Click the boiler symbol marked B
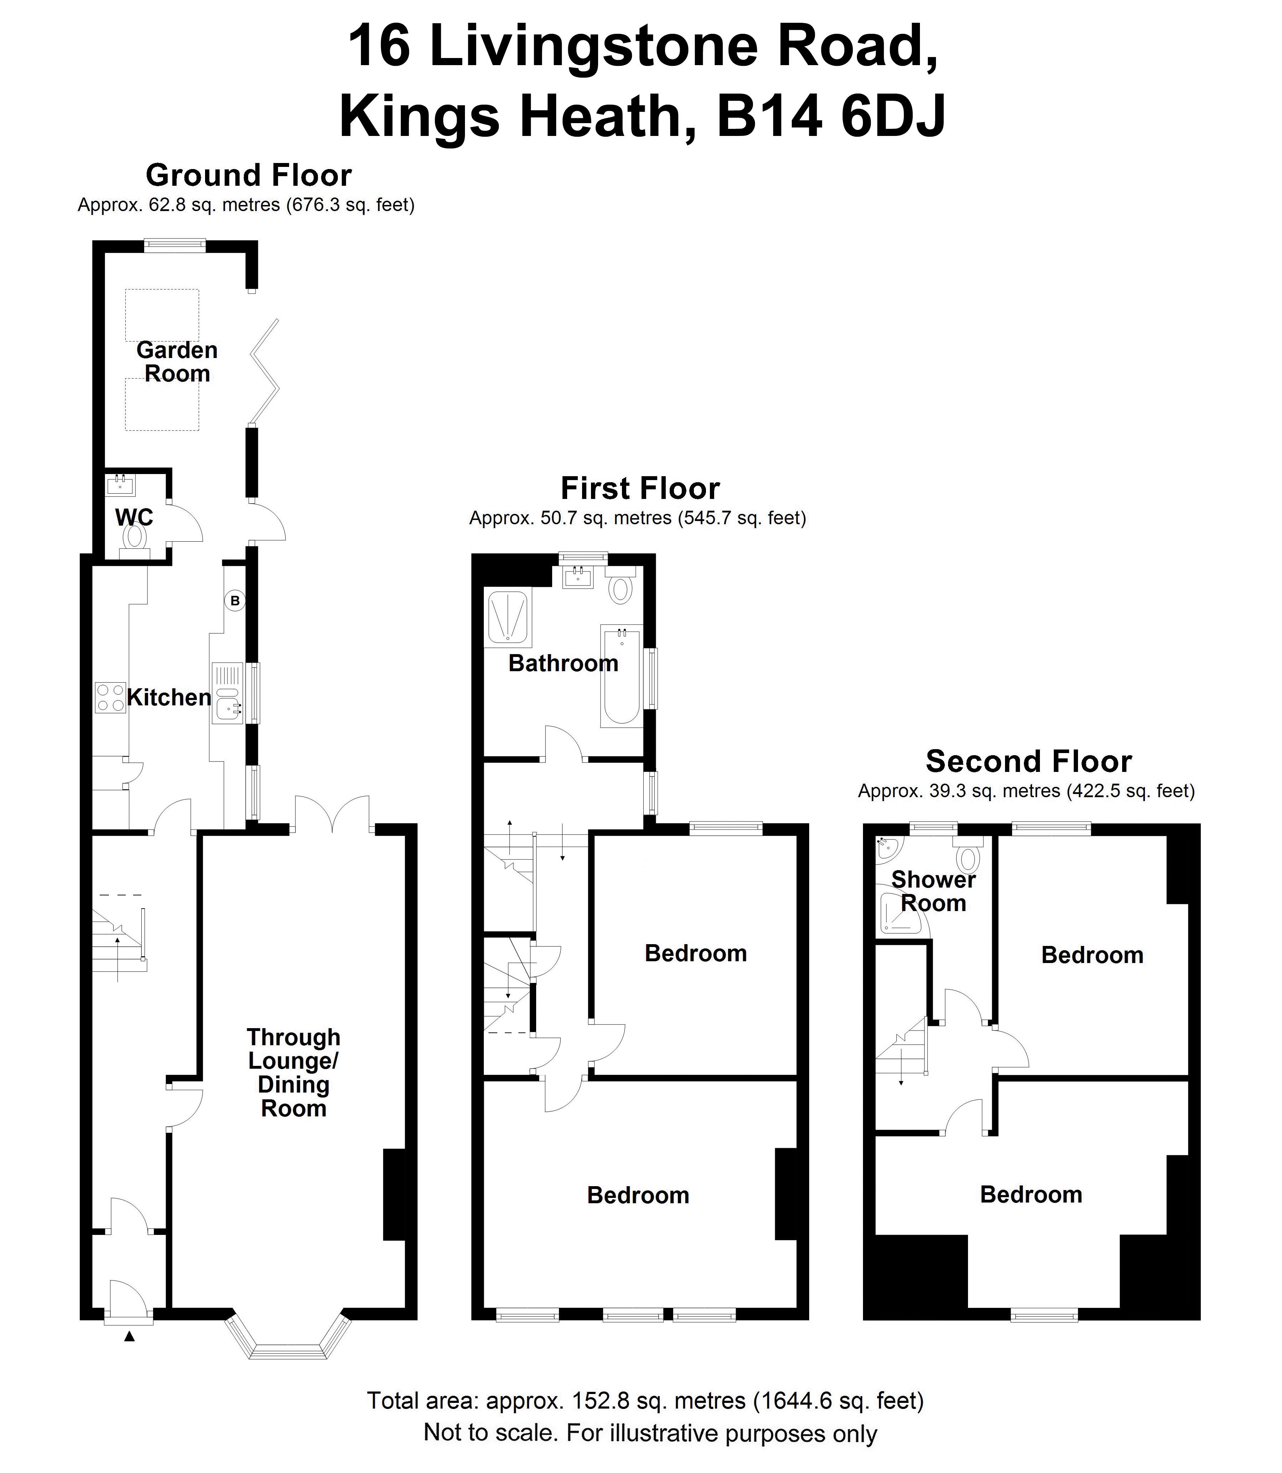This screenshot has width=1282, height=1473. click(x=235, y=601)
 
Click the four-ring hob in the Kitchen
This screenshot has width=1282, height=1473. click(x=110, y=697)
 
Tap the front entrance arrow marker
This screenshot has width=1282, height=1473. click(x=130, y=1336)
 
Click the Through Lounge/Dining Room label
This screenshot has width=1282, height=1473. click(x=293, y=1073)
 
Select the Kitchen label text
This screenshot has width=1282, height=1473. click(x=169, y=697)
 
